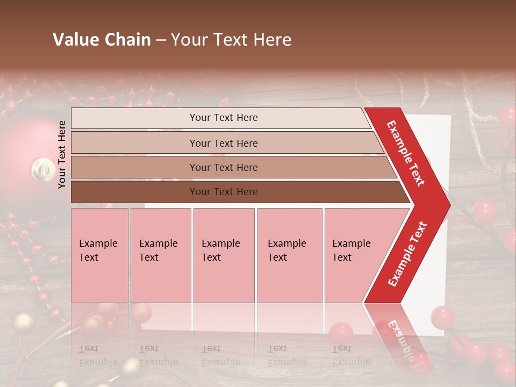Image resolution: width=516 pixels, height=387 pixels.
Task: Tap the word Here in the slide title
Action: (271, 40)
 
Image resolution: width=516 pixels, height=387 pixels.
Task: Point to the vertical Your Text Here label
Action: (62, 154)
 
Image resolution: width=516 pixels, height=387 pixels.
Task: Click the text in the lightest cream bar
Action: (224, 118)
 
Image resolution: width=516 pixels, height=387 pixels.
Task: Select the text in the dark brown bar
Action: (224, 192)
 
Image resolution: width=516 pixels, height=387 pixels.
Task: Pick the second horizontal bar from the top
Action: (224, 143)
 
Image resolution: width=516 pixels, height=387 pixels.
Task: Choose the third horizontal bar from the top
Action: (224, 167)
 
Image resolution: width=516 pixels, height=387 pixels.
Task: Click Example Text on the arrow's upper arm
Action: (406, 153)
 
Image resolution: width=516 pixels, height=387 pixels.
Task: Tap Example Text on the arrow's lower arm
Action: (407, 254)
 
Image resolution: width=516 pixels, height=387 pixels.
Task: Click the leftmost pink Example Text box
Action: (99, 255)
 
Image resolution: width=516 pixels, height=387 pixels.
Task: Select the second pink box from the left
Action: (160, 255)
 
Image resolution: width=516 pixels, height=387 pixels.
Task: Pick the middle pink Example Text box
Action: (224, 255)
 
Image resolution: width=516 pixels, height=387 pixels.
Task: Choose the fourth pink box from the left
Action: (289, 255)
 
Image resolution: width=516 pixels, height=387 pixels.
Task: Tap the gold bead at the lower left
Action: (23, 323)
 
